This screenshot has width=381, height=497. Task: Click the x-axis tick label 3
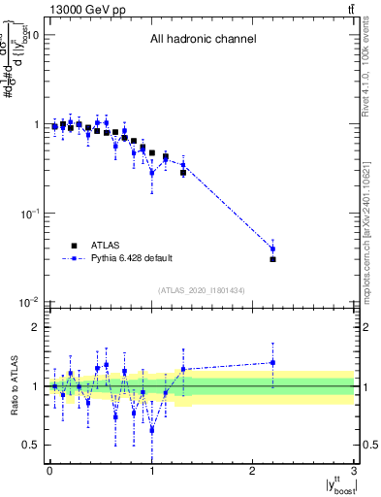355,473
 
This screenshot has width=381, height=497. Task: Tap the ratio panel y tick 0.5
30,445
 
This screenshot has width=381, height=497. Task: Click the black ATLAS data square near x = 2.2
272,259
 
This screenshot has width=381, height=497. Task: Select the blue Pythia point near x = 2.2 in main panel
272,248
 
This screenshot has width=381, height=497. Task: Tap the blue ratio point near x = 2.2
272,363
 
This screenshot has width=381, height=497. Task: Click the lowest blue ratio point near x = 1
152,429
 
